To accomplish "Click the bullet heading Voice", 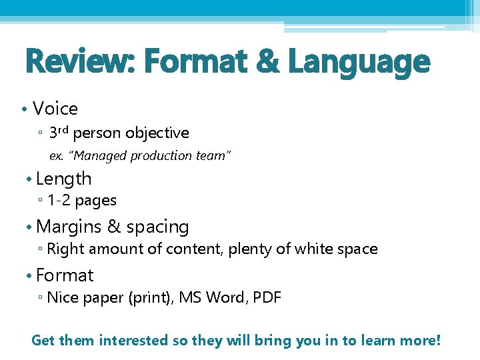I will [x=55, y=109].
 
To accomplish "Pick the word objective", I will [x=157, y=133].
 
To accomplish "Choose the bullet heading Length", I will [x=64, y=179].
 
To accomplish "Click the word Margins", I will [x=70, y=227].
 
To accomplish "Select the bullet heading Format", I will [x=65, y=275].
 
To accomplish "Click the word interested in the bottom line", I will [x=134, y=341].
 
